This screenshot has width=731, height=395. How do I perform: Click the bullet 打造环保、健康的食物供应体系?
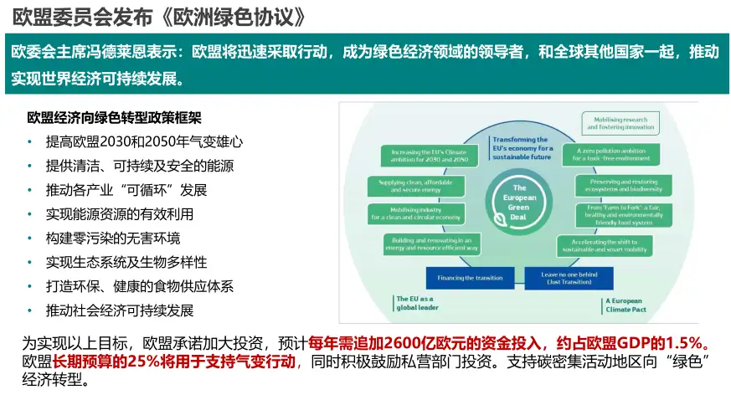(x=139, y=285)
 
